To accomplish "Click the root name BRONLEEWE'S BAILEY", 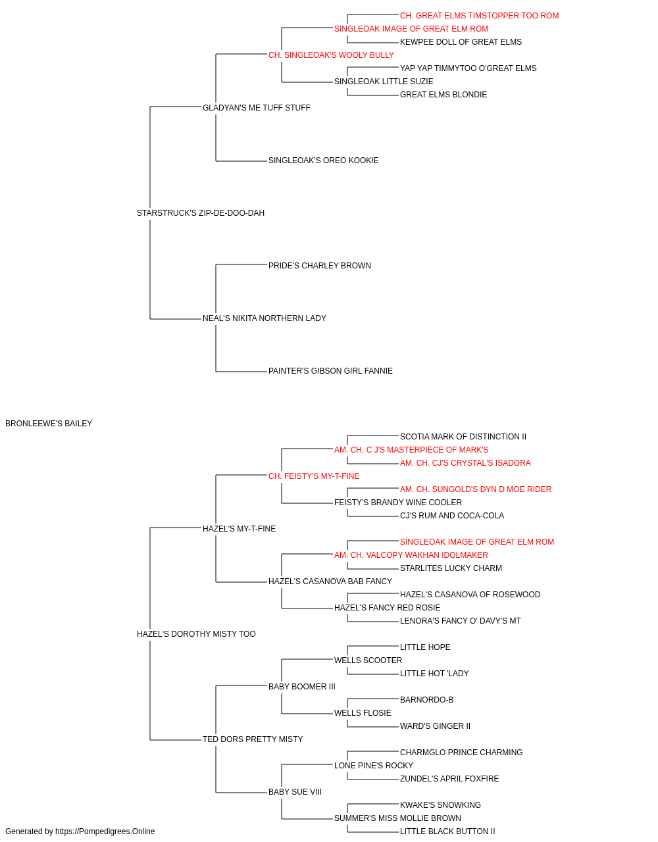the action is coord(49,424).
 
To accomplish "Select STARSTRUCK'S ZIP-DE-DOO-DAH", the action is coord(201,213).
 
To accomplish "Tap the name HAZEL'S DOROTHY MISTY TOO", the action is coord(196,634).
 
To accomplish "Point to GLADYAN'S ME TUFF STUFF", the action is coord(257,108).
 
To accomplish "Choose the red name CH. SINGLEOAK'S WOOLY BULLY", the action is coord(332,55).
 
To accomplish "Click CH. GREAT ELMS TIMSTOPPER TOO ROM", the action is coord(480,16).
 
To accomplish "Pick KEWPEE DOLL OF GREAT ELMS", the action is coord(461,42).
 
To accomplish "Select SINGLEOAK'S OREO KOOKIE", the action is coord(324,161).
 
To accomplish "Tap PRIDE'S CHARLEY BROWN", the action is coord(320,266).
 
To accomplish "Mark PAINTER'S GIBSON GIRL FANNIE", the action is coord(330,371).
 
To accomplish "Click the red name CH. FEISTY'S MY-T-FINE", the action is coord(314,476).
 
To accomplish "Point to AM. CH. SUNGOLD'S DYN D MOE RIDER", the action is coord(476,489).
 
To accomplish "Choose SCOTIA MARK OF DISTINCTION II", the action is coord(463,437).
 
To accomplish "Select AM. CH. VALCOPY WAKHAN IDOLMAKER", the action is coord(411,555).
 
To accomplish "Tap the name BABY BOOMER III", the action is coord(302,687).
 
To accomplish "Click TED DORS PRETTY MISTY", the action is coord(253,739).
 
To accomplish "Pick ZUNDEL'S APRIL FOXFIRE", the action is coord(449,779).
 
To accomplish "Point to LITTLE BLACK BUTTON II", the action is coord(447,831).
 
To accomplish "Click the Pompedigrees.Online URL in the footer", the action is coord(105,831).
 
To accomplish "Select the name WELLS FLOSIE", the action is coord(363,713).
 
